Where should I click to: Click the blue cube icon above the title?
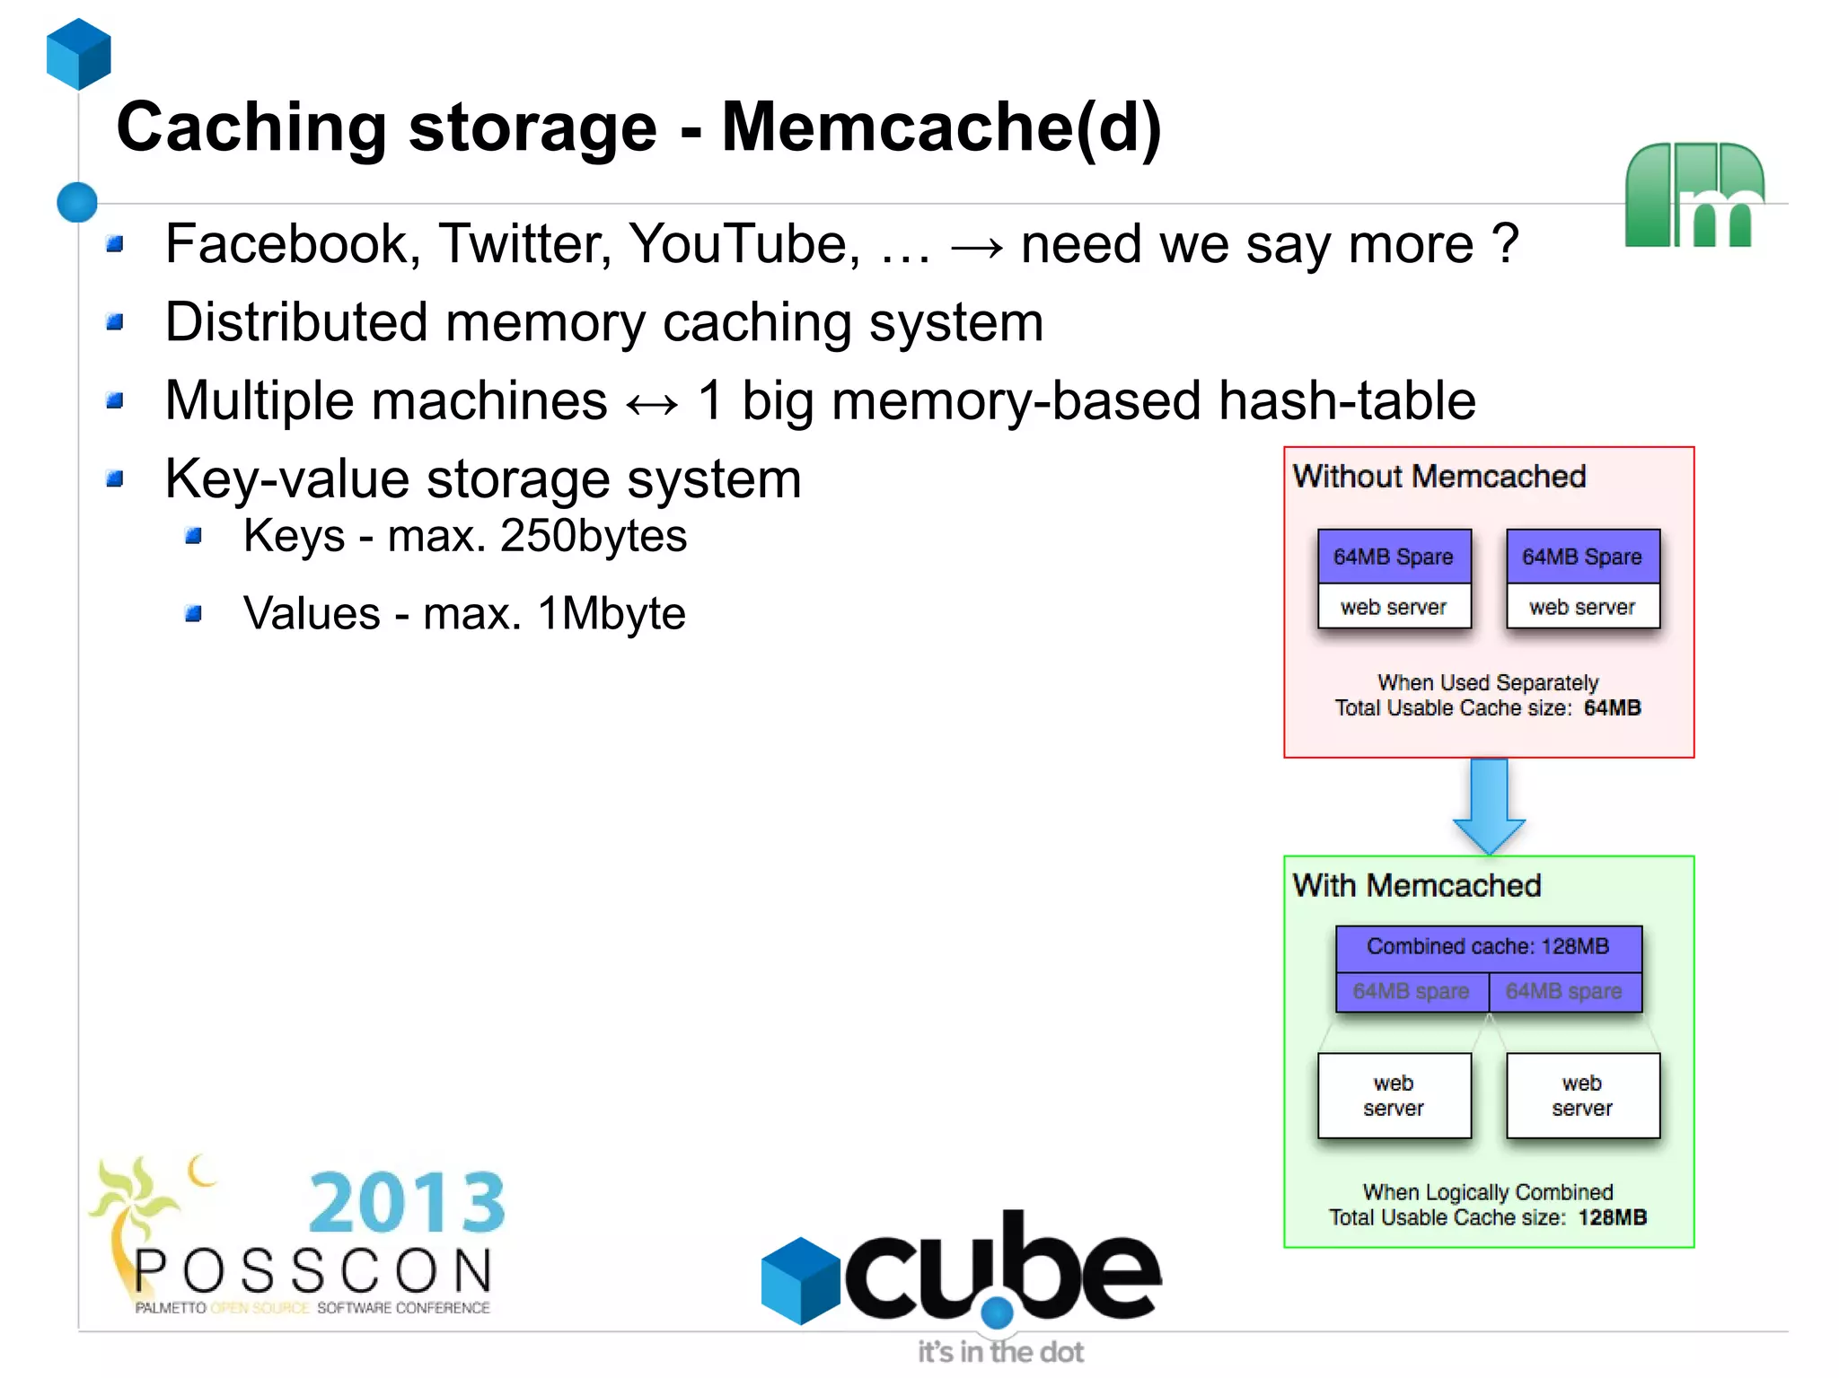tap(79, 54)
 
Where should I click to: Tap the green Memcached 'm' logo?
tap(1694, 195)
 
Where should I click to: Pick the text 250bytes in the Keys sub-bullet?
tap(593, 536)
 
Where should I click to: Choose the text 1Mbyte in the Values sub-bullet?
tap(612, 614)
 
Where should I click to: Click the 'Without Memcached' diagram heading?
tap(1439, 476)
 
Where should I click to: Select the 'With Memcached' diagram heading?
tap(1416, 885)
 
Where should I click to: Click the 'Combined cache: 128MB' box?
tap(1488, 947)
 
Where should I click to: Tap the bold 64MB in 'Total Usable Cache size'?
tap(1612, 708)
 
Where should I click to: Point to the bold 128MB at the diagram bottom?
tap(1612, 1217)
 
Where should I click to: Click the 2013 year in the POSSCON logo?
tap(407, 1202)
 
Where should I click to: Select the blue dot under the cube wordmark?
tap(997, 1312)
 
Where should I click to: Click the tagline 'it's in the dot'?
tap(999, 1352)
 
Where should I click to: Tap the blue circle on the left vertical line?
tap(77, 202)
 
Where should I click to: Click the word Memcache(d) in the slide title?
tap(941, 127)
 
